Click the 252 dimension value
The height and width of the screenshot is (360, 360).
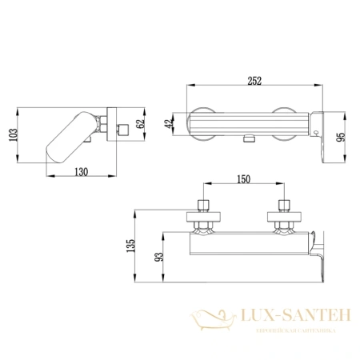pyautogui.click(x=254, y=81)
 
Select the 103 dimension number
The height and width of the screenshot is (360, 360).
pyautogui.click(x=13, y=135)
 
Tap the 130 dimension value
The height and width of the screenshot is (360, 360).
pyautogui.click(x=81, y=172)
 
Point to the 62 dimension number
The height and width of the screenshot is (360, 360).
pyautogui.click(x=140, y=123)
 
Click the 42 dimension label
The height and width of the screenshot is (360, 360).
pyautogui.click(x=169, y=123)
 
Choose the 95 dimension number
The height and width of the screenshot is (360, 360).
pyautogui.click(x=341, y=137)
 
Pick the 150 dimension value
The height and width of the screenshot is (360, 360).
pyautogui.click(x=244, y=179)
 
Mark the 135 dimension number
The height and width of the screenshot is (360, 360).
pyautogui.click(x=130, y=246)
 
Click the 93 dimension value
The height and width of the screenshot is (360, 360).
pyautogui.click(x=159, y=257)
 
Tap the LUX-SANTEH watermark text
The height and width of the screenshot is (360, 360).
pyautogui.click(x=295, y=315)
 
